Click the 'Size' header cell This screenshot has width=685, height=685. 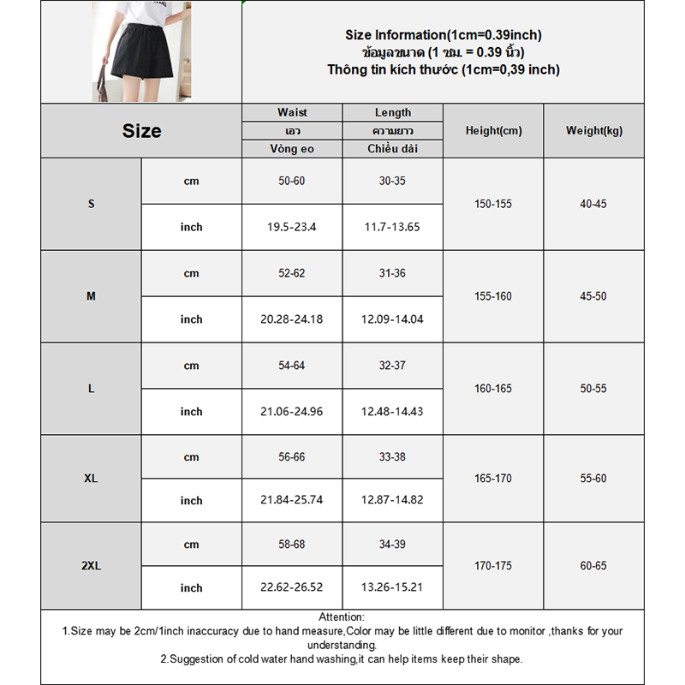141,131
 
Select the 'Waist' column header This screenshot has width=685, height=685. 292,112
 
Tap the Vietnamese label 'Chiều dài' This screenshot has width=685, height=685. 392,149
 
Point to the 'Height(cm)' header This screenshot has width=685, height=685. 493,131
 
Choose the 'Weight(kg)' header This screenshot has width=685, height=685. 594,131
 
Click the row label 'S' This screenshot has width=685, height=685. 92,205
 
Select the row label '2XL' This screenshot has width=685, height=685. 92,566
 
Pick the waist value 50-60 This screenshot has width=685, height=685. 292,182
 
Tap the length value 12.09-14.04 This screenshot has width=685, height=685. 392,319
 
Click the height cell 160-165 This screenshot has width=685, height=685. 493,389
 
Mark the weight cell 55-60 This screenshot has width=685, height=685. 593,479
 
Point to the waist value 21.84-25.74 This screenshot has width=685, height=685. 292,500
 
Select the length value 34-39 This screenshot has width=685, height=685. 392,545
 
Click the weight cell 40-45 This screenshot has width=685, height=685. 593,205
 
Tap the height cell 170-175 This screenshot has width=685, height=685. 493,566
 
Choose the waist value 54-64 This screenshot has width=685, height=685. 292,366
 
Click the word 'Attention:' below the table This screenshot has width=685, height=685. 342,617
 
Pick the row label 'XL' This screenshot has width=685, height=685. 92,479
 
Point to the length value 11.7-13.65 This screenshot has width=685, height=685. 392,227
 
